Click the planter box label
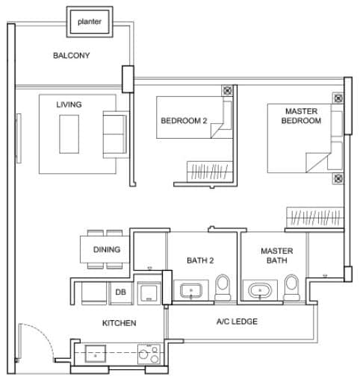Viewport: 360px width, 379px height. (x=90, y=22)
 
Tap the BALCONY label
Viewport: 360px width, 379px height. (x=72, y=56)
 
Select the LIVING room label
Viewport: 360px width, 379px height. (x=69, y=104)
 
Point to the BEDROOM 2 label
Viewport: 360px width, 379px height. (x=184, y=120)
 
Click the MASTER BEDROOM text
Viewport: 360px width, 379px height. (x=302, y=116)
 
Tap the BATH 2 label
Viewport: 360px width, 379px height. (x=200, y=260)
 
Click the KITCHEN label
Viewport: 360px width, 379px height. (x=119, y=323)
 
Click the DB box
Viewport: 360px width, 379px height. (x=120, y=292)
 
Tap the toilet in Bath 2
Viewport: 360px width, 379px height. (x=223, y=288)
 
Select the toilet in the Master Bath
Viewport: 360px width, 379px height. (x=292, y=288)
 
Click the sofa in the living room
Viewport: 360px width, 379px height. (x=116, y=133)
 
